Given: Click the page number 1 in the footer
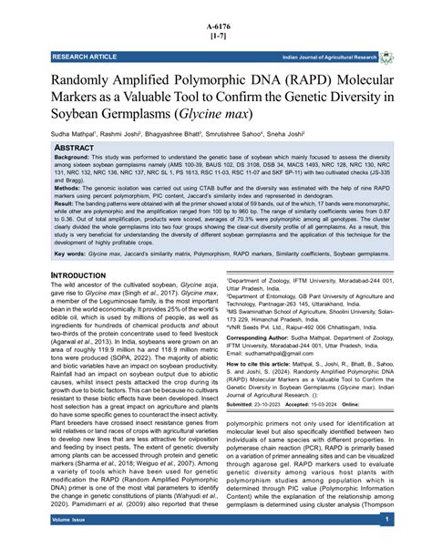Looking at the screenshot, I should coord(387,544).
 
